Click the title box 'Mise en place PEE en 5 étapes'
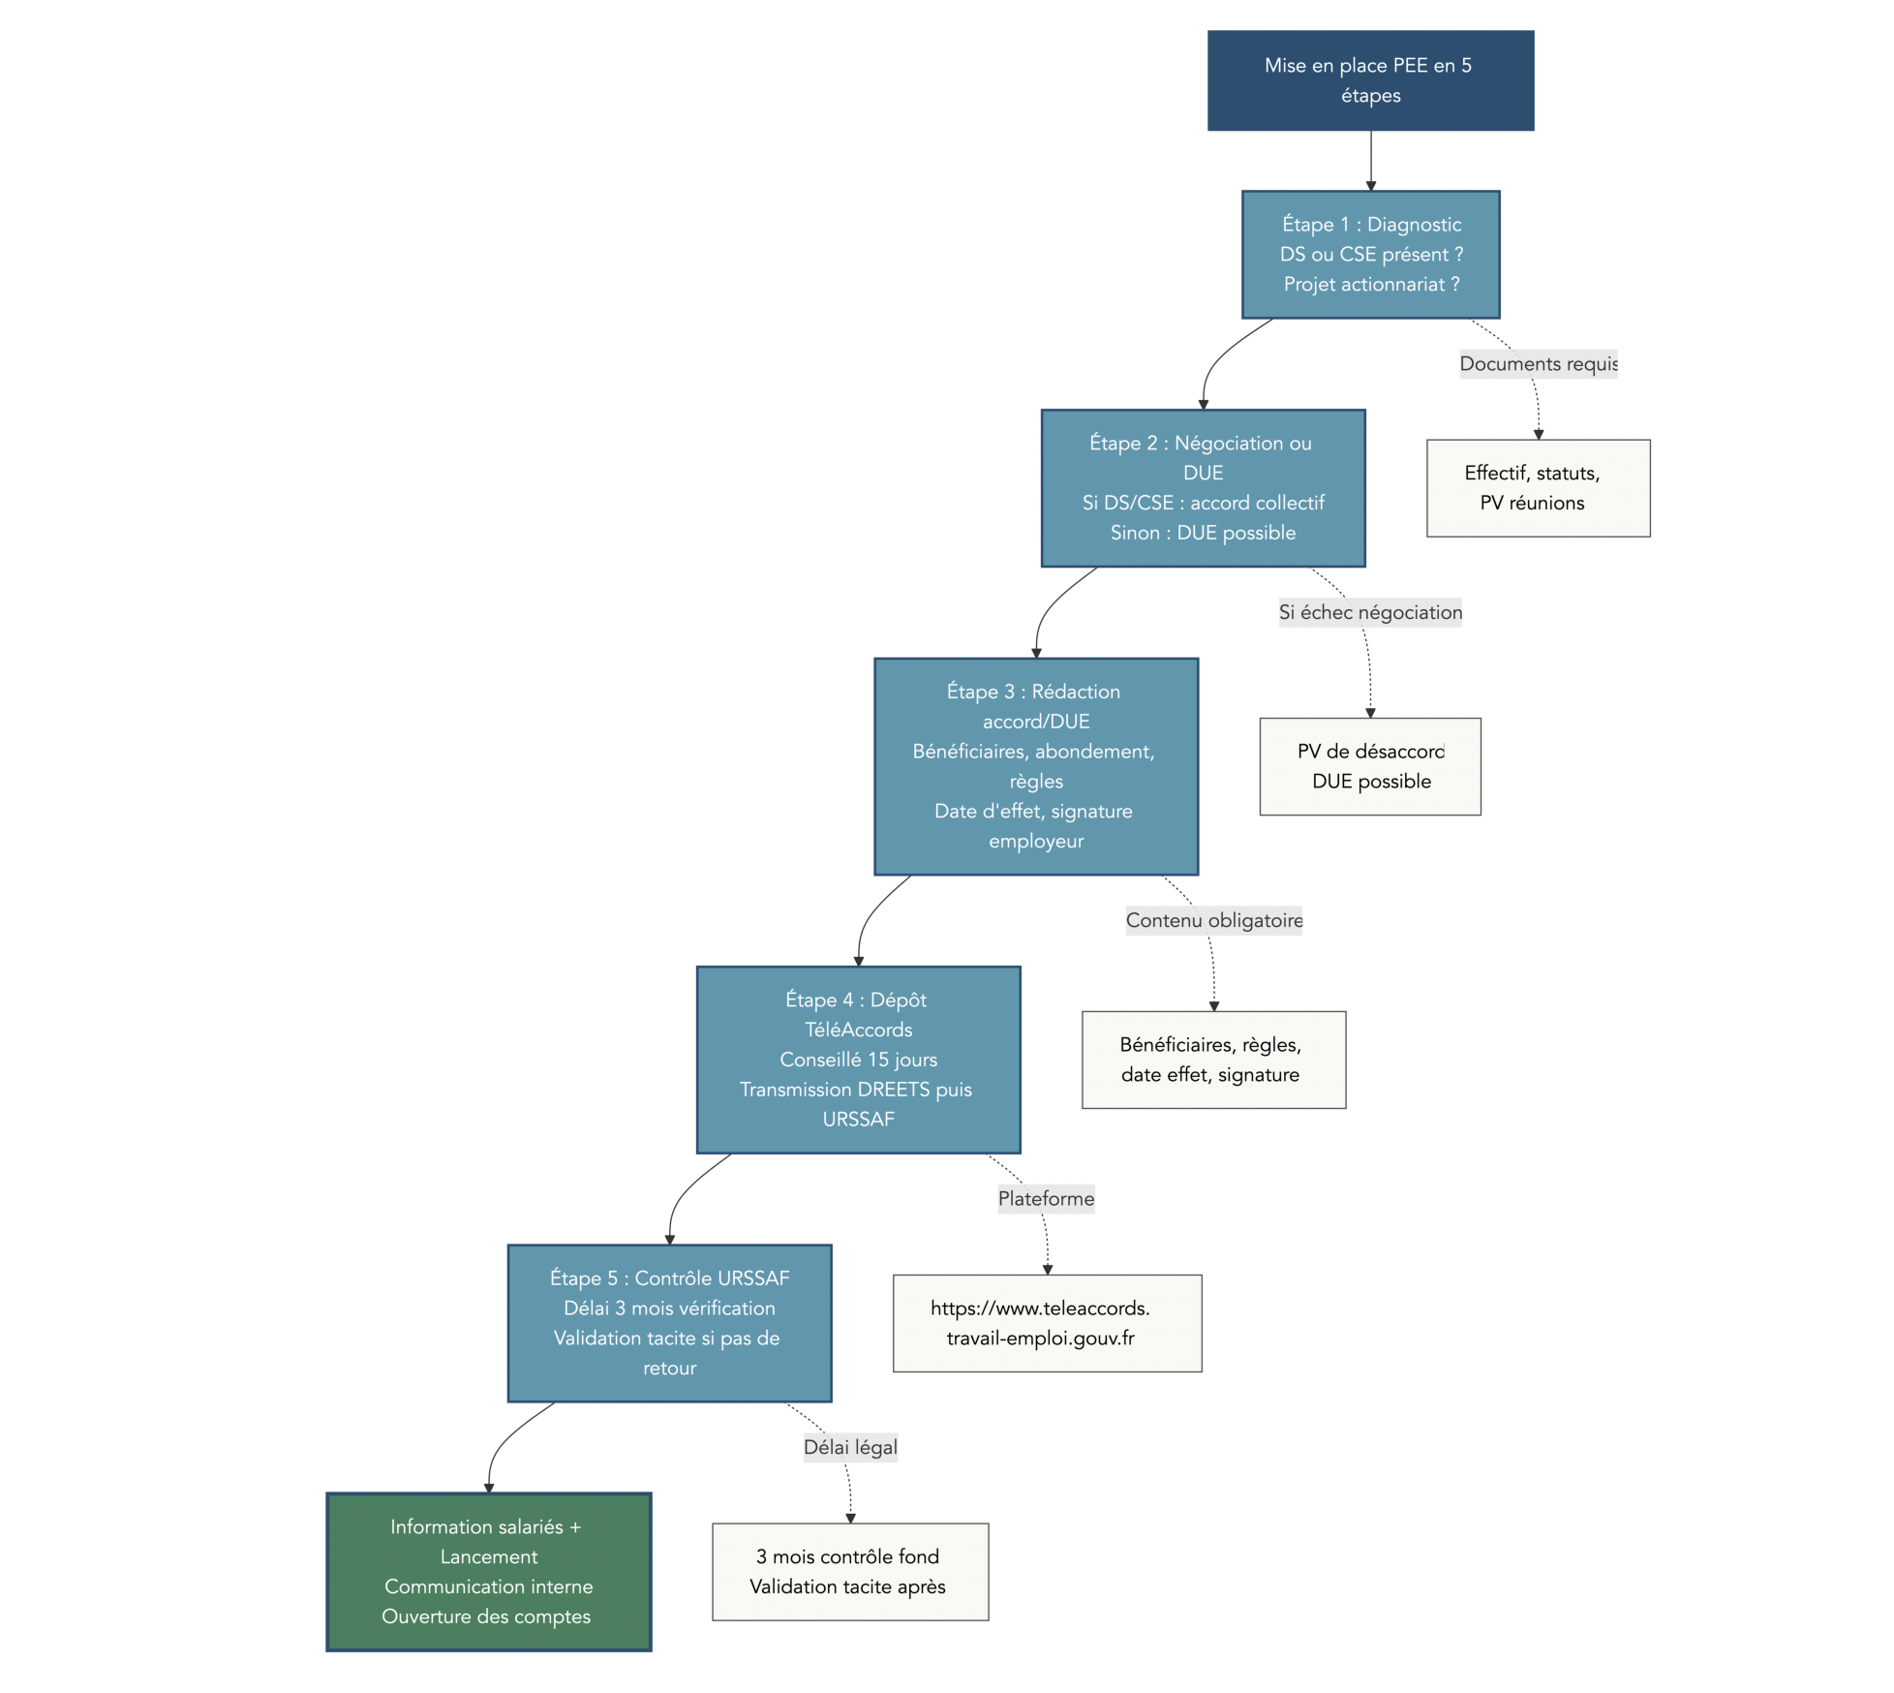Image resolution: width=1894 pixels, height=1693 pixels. click(1370, 80)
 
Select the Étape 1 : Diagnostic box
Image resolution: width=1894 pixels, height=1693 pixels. click(1370, 254)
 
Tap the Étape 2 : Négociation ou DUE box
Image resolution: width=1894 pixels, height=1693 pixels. click(1203, 487)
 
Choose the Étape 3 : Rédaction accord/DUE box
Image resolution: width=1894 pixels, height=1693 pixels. click(1036, 766)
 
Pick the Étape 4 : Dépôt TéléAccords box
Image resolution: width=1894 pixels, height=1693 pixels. click(858, 1059)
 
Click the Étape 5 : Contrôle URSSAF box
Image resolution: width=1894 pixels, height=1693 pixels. click(669, 1322)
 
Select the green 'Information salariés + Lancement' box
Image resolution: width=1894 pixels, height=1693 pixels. click(488, 1571)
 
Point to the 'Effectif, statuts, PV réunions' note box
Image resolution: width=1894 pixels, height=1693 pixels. click(1538, 488)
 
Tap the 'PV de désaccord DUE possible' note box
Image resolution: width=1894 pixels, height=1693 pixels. click(1369, 766)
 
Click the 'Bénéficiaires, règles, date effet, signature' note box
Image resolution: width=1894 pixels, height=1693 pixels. click(1213, 1060)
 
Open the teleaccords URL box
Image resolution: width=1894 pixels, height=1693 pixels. click(1047, 1323)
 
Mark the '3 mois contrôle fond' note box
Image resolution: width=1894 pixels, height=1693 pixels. click(849, 1571)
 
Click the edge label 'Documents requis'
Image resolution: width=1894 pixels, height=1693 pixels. click(1538, 364)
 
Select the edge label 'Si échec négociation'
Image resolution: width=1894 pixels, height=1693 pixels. click(1369, 612)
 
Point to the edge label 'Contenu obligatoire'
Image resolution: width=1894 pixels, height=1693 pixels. click(1213, 920)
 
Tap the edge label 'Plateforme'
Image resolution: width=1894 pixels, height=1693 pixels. click(1046, 1198)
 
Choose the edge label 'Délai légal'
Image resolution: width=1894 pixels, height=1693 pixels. click(850, 1447)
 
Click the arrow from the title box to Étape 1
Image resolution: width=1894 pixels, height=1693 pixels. click(1370, 160)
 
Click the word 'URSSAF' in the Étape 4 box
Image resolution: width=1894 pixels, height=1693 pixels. click(858, 1119)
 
